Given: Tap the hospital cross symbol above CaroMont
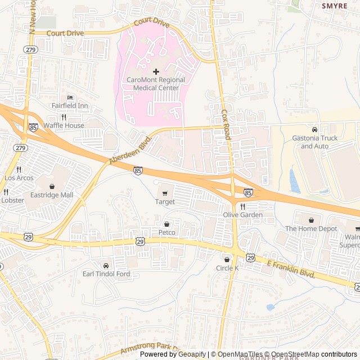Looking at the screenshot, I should (156, 71).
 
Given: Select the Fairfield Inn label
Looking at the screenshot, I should (70, 105).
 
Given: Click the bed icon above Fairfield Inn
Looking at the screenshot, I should (70, 97).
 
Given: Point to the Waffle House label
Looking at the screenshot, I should (64, 125).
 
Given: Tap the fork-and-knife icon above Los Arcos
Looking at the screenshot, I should (19, 169).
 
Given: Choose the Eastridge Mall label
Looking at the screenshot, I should (52, 195).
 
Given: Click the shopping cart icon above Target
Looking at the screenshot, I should (165, 193).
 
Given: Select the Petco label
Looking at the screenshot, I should (166, 232).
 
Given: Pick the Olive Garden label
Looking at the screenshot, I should (243, 215).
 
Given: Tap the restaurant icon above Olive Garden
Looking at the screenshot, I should (243, 206).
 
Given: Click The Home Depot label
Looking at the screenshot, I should (311, 228).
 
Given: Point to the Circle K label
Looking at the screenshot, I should (227, 268).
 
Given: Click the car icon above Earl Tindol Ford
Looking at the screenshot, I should (106, 265).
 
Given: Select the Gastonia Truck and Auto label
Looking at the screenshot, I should (314, 142).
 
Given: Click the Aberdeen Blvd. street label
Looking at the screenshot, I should (131, 150).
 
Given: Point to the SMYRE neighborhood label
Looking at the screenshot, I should (335, 6).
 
